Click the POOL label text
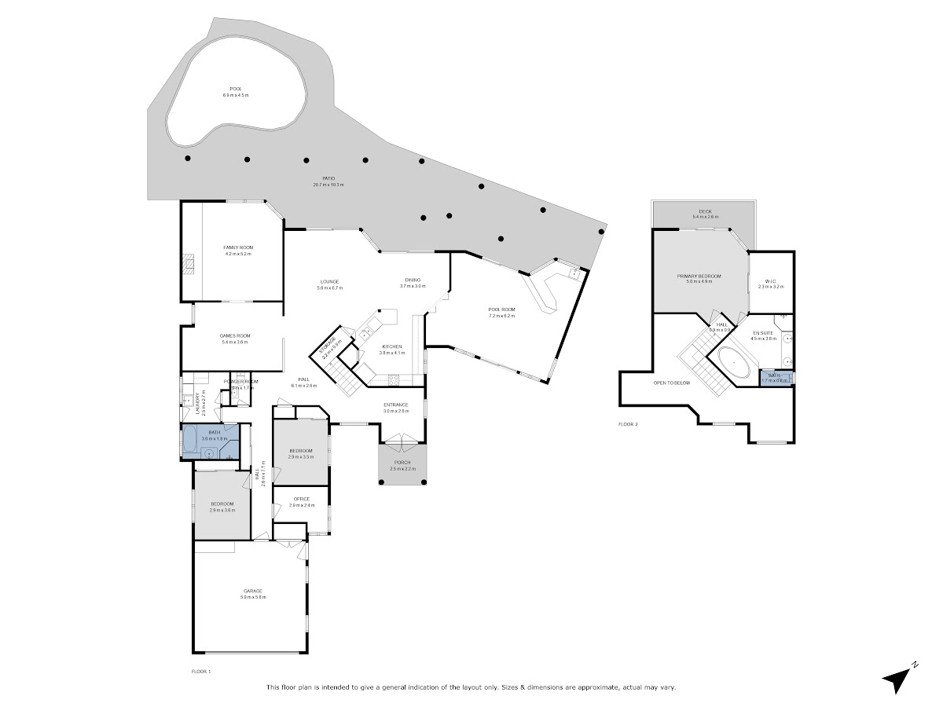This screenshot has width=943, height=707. pyautogui.click(x=236, y=89)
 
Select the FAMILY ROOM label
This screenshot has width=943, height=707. pyautogui.click(x=238, y=247)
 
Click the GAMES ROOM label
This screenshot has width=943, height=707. pyautogui.click(x=234, y=336)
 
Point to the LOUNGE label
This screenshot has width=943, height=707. pyautogui.click(x=328, y=282)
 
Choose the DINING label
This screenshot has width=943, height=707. pyautogui.click(x=413, y=280)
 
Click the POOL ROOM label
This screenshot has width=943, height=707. pyautogui.click(x=501, y=310)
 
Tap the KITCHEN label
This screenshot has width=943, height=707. pyautogui.click(x=391, y=346)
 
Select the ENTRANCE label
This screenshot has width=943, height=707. pyautogui.click(x=396, y=405)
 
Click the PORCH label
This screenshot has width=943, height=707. pyautogui.click(x=400, y=462)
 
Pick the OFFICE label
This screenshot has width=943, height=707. pyautogui.click(x=302, y=499)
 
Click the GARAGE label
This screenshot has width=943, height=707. pyautogui.click(x=252, y=591)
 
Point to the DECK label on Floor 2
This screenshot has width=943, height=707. pyautogui.click(x=705, y=211)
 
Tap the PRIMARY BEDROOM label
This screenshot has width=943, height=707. pyautogui.click(x=699, y=276)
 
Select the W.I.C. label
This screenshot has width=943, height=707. pyautogui.click(x=771, y=281)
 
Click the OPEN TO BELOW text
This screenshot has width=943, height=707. pyautogui.click(x=672, y=383)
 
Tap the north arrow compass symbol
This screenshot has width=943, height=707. pyautogui.click(x=897, y=678)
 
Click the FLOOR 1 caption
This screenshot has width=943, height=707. pyautogui.click(x=201, y=672)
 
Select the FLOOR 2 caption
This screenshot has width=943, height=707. pyautogui.click(x=628, y=424)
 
